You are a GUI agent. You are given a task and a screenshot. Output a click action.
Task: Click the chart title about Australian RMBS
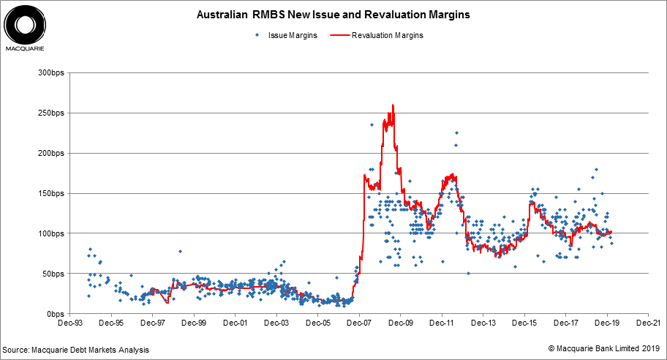(333, 14)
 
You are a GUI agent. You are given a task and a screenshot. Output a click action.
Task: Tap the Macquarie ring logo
(25, 25)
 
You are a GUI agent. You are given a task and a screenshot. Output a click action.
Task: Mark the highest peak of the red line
(393, 105)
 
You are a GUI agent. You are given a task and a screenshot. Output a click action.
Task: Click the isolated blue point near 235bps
(372, 125)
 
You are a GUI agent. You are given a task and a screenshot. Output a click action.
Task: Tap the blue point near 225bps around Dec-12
(456, 133)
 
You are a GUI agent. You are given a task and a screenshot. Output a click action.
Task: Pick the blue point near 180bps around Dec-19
(596, 169)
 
